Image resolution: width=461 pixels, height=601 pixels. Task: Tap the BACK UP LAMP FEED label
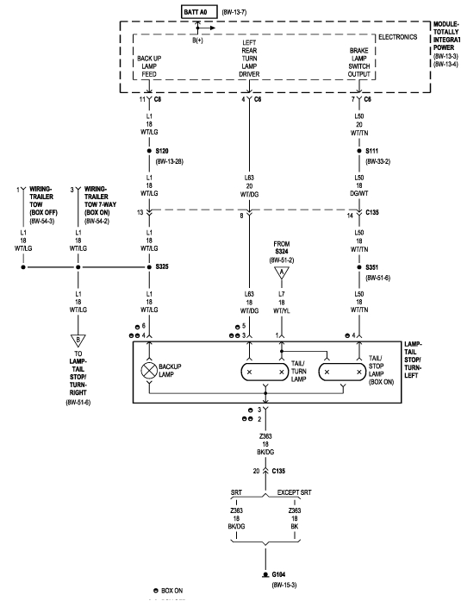pos(151,67)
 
